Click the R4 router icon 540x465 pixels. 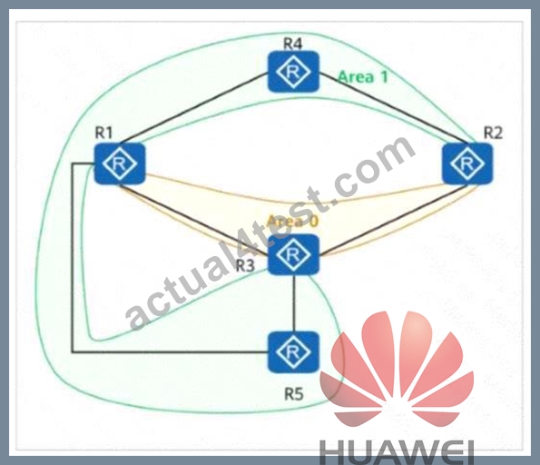pos(293,72)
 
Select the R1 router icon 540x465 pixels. pos(120,163)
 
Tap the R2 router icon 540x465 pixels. pos(467,163)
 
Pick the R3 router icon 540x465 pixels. pos(293,254)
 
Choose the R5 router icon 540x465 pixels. pos(293,352)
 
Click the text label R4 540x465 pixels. pos(293,44)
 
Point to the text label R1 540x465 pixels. pos(103,133)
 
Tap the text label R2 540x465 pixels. pos(493,133)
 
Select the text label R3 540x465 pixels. pos(245,266)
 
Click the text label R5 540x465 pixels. pos(294,393)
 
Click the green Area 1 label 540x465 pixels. pos(363,76)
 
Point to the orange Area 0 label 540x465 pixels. pos(292,222)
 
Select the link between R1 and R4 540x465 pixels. pos(194,108)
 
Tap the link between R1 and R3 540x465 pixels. pos(194,221)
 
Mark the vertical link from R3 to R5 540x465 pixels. pos(294,303)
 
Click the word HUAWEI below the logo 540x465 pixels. pos(397,451)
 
